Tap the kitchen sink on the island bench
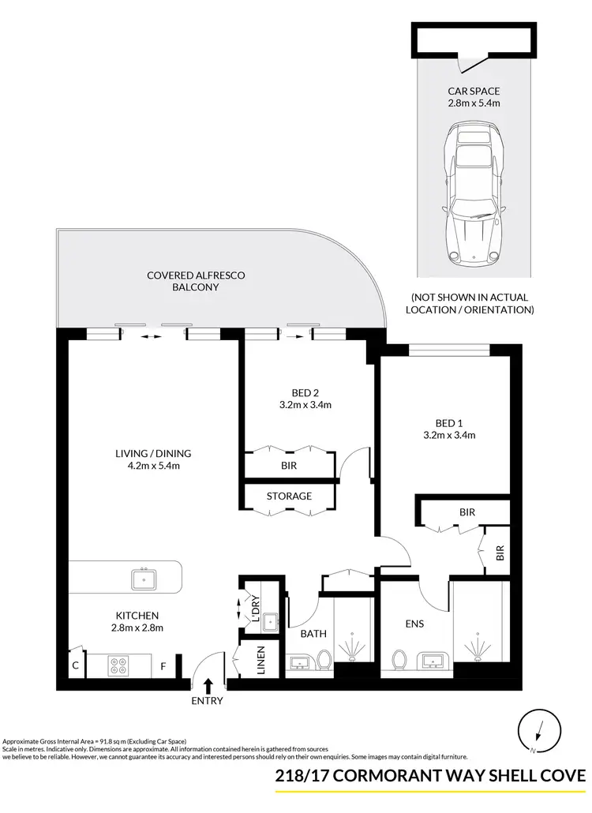pyautogui.click(x=144, y=579)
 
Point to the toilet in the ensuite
pyautogui.click(x=399, y=658)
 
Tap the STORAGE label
pyautogui.click(x=289, y=496)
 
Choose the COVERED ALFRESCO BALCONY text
pyautogui.click(x=196, y=281)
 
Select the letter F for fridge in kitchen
pyautogui.click(x=163, y=666)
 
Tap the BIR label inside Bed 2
pyautogui.click(x=289, y=466)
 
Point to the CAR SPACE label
pyautogui.click(x=473, y=91)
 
